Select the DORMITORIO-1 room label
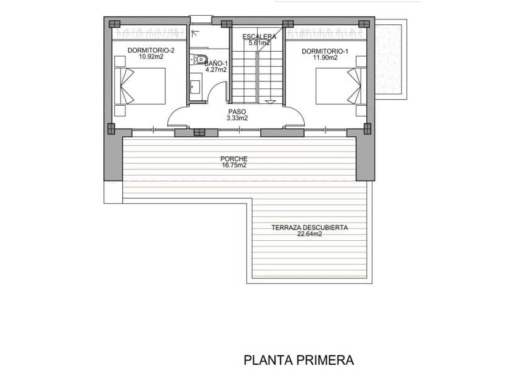pyautogui.click(x=325, y=50)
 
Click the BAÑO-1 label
pyautogui.click(x=216, y=63)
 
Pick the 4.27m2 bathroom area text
pyautogui.click(x=216, y=70)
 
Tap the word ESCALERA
pyautogui.click(x=259, y=36)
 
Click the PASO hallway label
pyautogui.click(x=237, y=112)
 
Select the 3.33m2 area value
pyautogui.click(x=237, y=119)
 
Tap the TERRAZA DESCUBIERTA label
pyautogui.click(x=310, y=227)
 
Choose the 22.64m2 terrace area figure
pyautogui.click(x=310, y=234)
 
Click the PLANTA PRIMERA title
pyautogui.click(x=299, y=360)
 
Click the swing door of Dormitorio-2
pyautogui.click(x=180, y=117)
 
